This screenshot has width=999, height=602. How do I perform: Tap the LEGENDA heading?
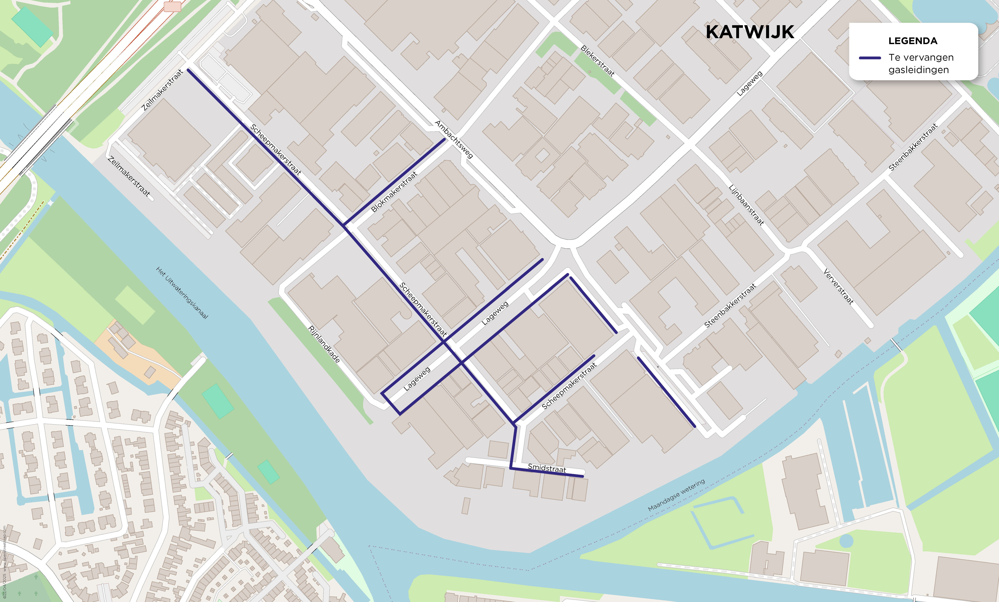click(x=913, y=41)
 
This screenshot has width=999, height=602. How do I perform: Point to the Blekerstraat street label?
click(x=598, y=61)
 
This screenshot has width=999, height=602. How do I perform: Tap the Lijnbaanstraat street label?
click(x=746, y=205)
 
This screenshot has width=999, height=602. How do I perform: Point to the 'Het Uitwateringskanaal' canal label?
click(x=182, y=292)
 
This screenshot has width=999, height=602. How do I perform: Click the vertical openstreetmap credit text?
click(x=4, y=563)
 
